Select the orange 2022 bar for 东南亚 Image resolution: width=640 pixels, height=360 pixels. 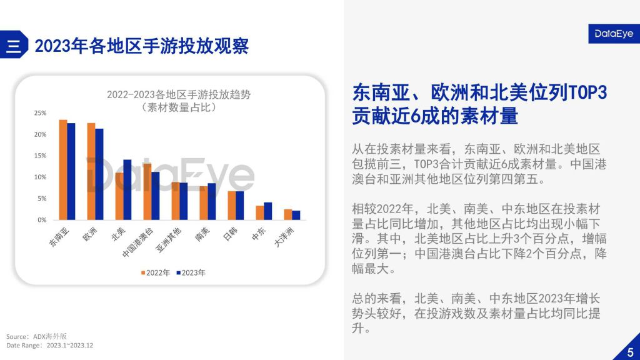click(63, 169)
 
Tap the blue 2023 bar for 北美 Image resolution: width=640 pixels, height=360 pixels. click(127, 189)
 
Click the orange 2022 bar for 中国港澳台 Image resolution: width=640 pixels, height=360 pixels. click(147, 191)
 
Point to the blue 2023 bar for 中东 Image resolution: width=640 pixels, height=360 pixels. click(268, 211)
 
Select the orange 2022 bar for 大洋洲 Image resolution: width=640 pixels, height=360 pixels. click(288, 214)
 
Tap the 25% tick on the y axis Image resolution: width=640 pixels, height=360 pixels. click(40, 113)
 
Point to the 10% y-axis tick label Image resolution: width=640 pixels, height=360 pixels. click(40, 177)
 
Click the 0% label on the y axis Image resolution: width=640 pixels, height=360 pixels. click(41, 220)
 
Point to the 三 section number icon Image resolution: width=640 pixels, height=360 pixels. click(13, 46)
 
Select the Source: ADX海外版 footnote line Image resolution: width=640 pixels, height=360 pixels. click(36, 336)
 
